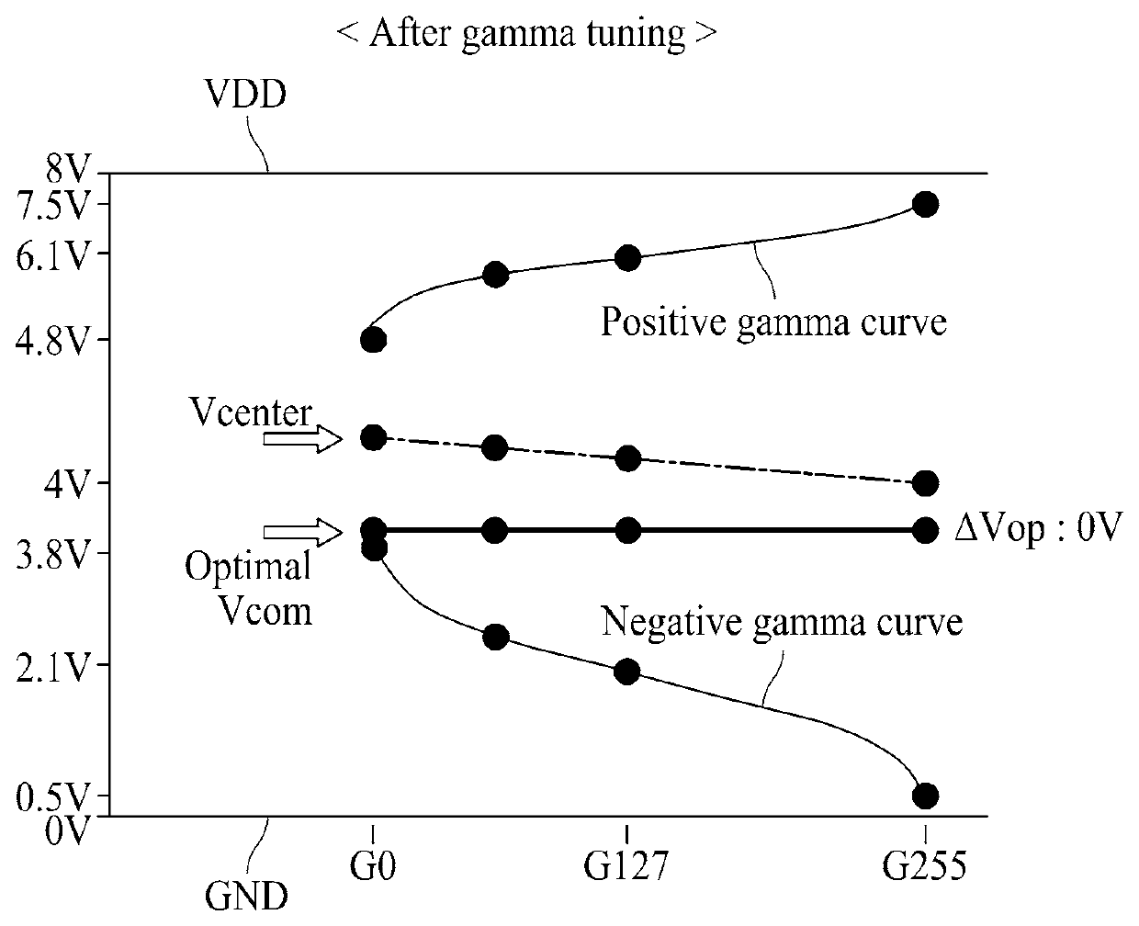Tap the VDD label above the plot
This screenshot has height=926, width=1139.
(x=246, y=94)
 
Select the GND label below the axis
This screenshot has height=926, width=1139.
(x=246, y=896)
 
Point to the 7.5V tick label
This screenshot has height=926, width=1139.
(x=51, y=206)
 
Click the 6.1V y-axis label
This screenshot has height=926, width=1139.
(x=51, y=255)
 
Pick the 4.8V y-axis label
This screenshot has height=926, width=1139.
(x=51, y=341)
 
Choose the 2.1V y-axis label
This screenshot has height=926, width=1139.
(x=51, y=667)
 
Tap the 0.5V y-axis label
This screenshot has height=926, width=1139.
(x=51, y=797)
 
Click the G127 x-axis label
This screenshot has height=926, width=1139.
(x=626, y=865)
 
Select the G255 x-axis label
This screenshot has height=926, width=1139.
(x=925, y=865)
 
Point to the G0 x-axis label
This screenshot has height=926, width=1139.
(x=373, y=865)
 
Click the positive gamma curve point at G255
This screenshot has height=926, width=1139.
(x=925, y=204)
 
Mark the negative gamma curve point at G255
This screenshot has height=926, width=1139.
(x=925, y=796)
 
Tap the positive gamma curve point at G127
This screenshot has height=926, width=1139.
(x=627, y=258)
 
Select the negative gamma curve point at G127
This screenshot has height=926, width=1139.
(x=627, y=672)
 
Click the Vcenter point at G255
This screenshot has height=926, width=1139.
(x=925, y=483)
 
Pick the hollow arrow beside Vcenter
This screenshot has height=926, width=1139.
(x=302, y=439)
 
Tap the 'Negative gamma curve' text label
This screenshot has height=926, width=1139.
(x=782, y=622)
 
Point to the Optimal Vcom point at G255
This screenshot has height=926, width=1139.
(x=925, y=530)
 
